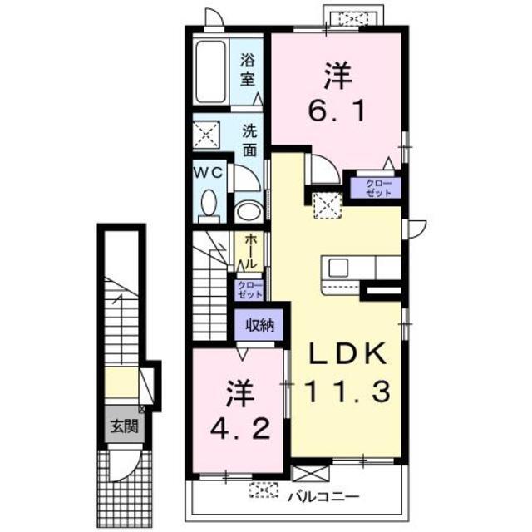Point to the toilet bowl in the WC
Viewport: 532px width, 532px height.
[210, 202]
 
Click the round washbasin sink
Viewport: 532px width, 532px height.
[247, 211]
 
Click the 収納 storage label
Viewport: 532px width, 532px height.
[259, 326]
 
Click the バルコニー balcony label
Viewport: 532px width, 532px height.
[324, 497]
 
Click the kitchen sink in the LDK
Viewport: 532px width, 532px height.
[338, 268]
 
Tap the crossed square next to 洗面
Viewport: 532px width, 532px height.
[205, 134]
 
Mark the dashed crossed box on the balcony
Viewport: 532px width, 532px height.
[264, 491]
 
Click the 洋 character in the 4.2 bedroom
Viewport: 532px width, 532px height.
[236, 391]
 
